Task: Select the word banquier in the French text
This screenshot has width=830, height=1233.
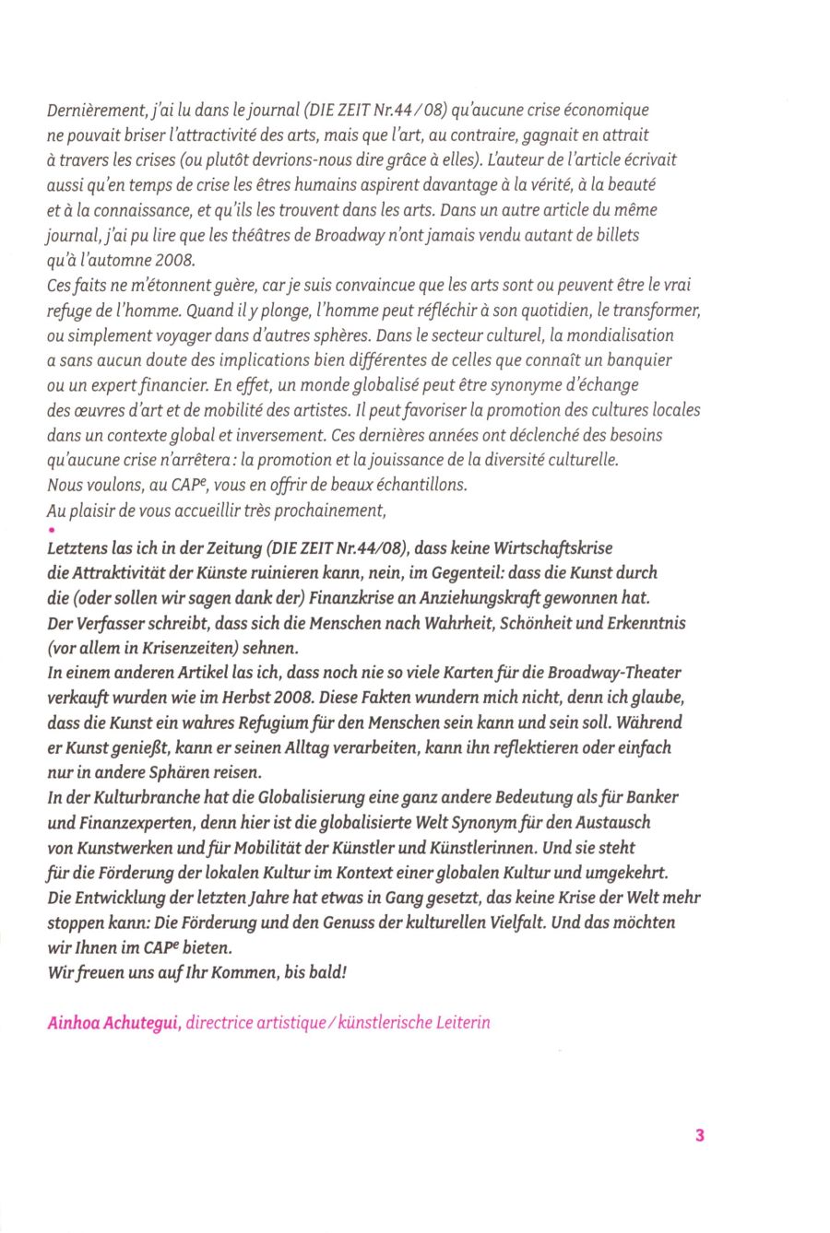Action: pos(641,359)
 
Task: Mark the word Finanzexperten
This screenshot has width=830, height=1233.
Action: pos(135,821)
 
